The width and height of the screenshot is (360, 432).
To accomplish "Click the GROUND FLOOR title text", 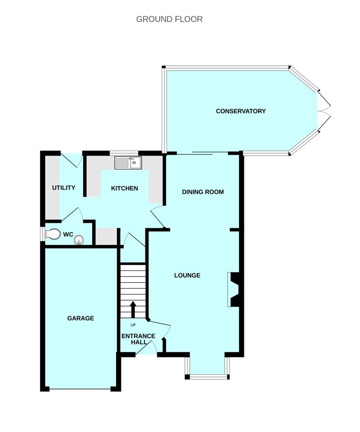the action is click(169, 19).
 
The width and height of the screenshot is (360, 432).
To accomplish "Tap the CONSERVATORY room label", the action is click(240, 111).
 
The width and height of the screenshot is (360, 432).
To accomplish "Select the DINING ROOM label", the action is click(203, 192).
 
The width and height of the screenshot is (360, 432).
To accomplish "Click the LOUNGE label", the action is click(187, 275).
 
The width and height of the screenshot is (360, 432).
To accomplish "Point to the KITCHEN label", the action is click(124, 188).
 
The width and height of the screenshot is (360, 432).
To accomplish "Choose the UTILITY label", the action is click(64, 188).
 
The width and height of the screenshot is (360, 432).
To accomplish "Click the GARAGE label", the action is click(81, 318).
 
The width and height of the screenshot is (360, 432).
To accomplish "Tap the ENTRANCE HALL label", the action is click(138, 339).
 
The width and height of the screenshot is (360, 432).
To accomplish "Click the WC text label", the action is click(68, 235).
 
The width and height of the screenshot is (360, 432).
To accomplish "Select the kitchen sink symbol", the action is click(128, 163).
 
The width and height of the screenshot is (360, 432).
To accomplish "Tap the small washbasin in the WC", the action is click(79, 240).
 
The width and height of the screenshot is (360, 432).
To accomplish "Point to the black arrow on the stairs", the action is click(133, 310).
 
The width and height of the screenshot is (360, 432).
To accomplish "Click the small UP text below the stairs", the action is click(133, 325).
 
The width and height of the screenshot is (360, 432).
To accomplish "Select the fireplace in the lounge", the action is click(234, 289).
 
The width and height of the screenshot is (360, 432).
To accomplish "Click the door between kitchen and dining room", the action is click(158, 217).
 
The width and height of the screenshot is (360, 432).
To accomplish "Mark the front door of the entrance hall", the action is click(146, 348).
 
